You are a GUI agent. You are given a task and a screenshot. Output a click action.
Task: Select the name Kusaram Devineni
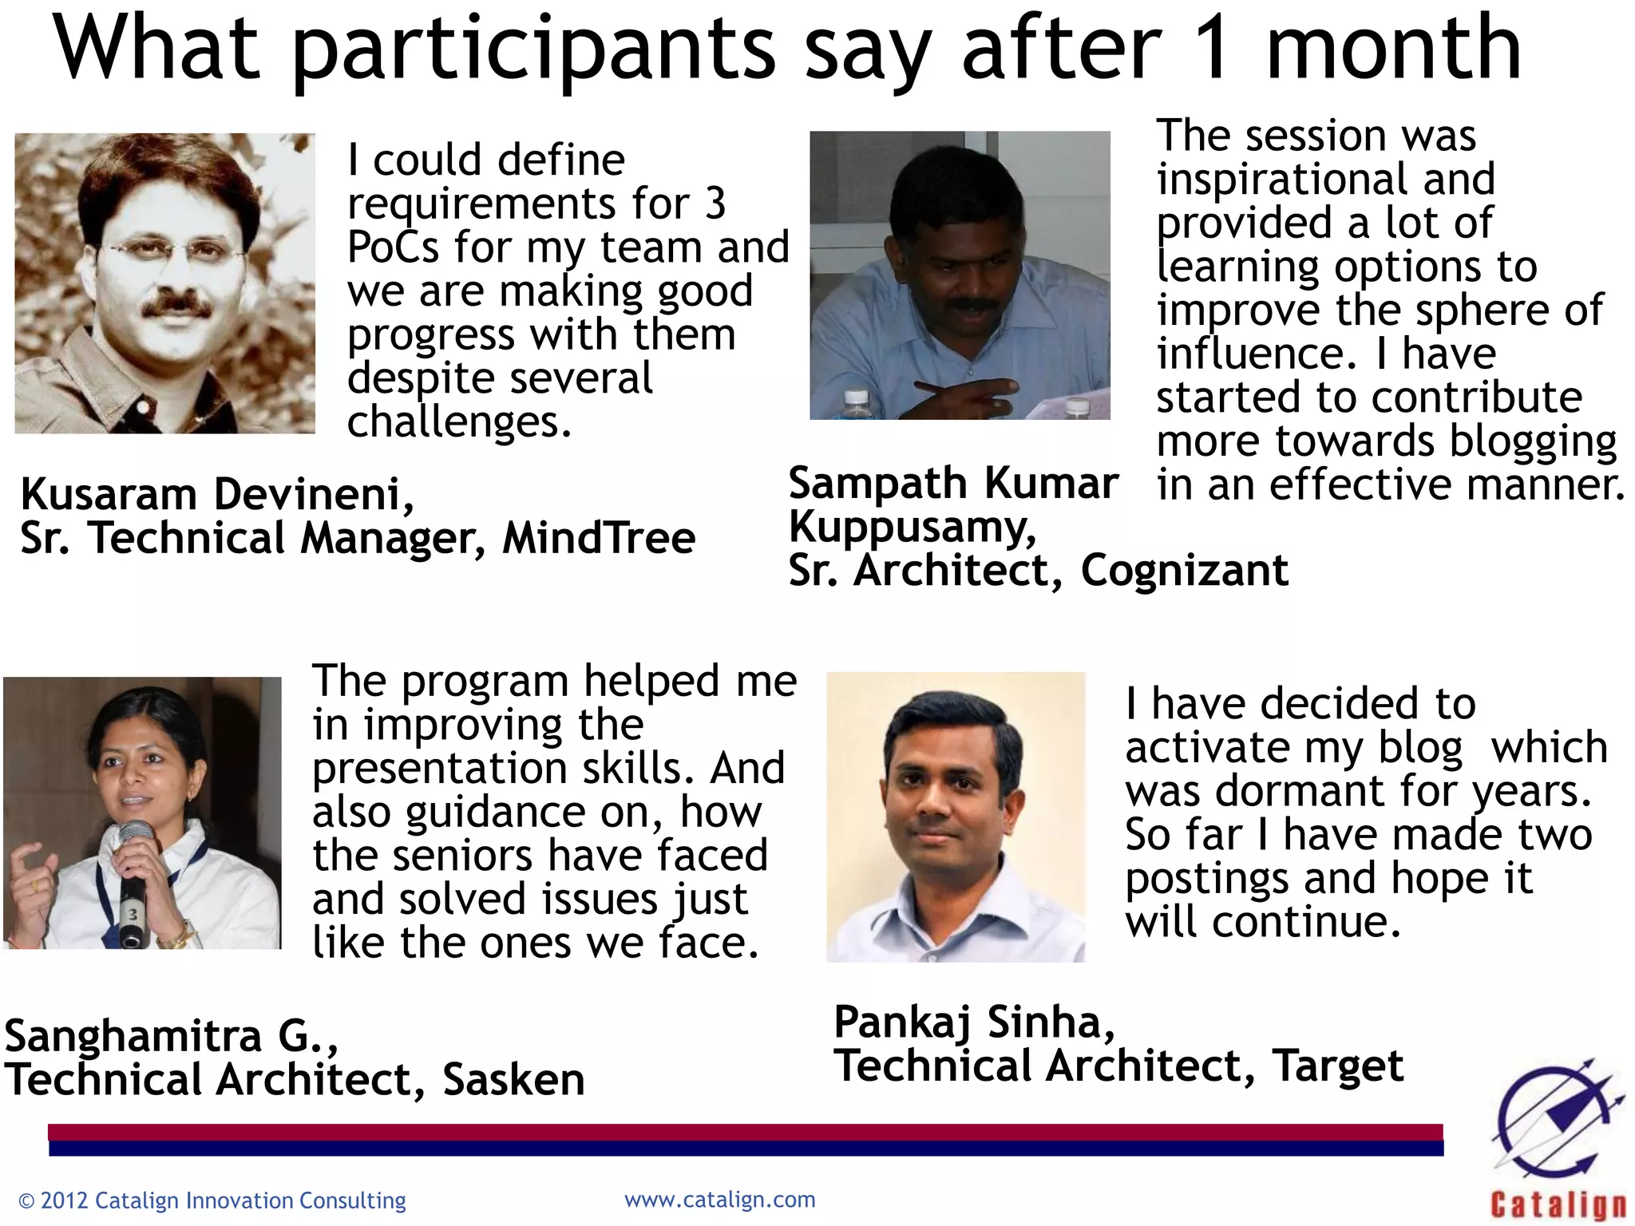[x=216, y=495]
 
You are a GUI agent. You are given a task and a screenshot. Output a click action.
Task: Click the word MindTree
[x=599, y=538]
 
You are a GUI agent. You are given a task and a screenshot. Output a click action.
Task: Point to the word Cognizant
[x=1185, y=571]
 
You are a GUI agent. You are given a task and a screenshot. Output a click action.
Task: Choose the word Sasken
[x=513, y=1080]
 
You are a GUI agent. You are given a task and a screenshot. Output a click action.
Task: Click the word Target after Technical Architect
[x=1338, y=1066]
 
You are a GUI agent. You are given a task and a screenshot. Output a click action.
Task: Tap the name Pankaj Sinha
[x=974, y=1022]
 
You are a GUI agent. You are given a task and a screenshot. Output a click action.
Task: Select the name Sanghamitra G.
[x=171, y=1037]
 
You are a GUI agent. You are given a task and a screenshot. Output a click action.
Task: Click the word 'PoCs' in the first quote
[x=394, y=247]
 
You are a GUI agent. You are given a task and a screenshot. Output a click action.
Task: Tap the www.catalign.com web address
[x=719, y=1200]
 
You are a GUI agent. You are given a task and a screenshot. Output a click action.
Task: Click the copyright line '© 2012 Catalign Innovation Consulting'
[x=212, y=1200]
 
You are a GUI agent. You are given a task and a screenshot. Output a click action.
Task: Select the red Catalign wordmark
[x=1558, y=1204]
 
